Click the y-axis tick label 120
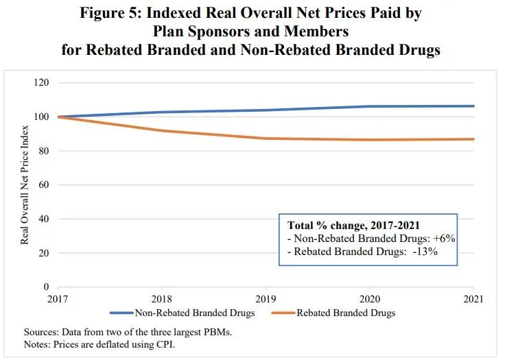tap(41, 83)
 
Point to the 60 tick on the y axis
tap(43, 184)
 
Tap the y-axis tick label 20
tap(43, 252)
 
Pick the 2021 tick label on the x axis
tap(473, 299)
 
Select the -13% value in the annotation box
tap(425, 252)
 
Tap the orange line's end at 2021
tap(474, 139)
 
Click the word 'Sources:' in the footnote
tap(42, 333)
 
